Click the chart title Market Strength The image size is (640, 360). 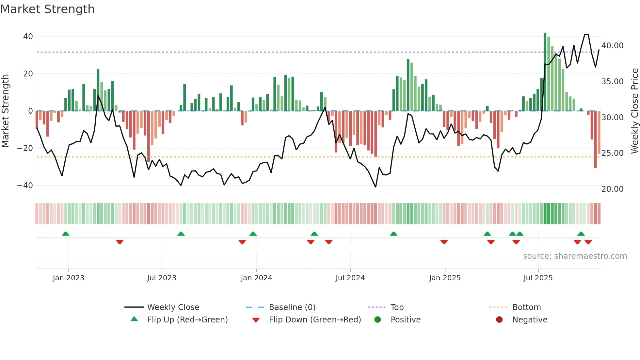point(47,9)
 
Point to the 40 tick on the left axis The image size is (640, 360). point(28,37)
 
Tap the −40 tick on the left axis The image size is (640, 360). point(25,186)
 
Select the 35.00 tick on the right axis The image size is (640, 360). point(612,82)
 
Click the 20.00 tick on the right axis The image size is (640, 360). point(612,189)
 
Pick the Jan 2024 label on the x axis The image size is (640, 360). point(256,278)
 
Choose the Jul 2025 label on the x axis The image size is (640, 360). point(538,278)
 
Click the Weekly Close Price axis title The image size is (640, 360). point(634,111)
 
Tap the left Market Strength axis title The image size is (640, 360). point(6,111)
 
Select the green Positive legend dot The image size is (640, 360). point(378,320)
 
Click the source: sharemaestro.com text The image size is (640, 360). point(575,256)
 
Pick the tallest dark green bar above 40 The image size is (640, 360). point(545,72)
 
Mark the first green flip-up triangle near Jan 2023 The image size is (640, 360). point(66,234)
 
